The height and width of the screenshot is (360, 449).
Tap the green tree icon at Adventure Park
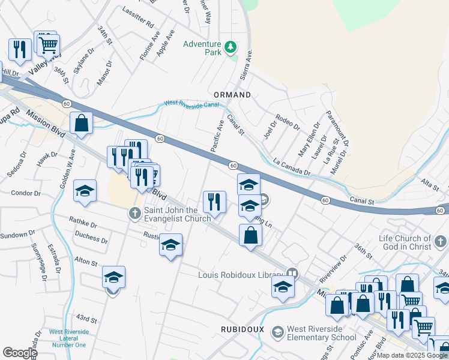(230, 47)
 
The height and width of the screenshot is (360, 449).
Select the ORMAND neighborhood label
(232, 95)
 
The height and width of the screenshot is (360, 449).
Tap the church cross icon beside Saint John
(135, 213)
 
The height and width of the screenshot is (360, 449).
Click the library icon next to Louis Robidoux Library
(292, 274)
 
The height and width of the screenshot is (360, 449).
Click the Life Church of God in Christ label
(405, 242)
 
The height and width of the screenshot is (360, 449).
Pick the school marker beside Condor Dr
(85, 191)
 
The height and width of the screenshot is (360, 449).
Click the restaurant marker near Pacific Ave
(214, 202)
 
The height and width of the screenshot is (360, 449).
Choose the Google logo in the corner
(20, 353)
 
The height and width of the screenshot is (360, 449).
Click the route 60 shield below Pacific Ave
(234, 166)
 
